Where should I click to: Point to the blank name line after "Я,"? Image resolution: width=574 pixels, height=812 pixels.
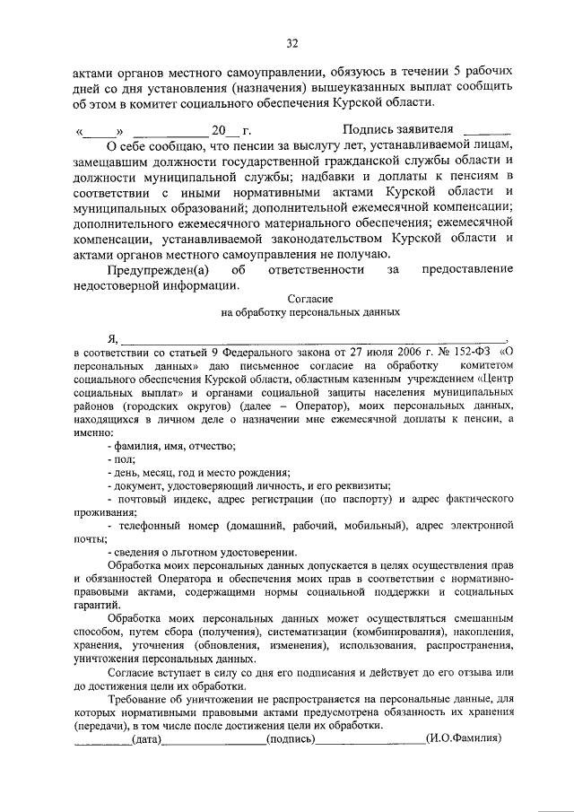(314, 337)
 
